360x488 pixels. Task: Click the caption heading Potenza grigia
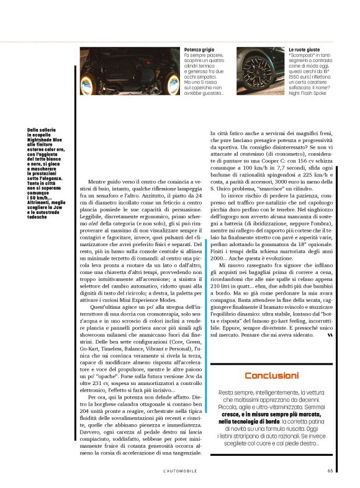pos(200,49)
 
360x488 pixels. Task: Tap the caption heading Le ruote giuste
pos(304,49)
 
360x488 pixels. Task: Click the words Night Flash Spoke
pos(308,94)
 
